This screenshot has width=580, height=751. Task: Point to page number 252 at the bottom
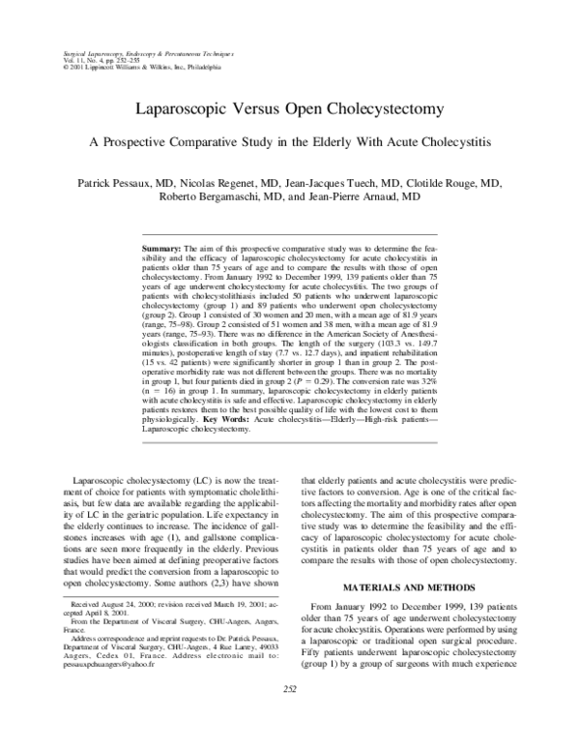(290, 715)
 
